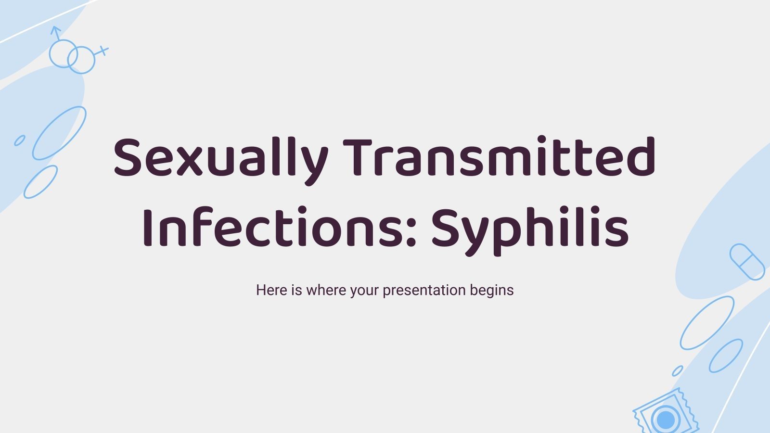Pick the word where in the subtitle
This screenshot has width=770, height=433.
(x=327, y=290)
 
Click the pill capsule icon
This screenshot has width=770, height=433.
(x=747, y=262)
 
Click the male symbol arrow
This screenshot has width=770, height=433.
(x=56, y=32)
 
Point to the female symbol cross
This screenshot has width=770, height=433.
(x=103, y=51)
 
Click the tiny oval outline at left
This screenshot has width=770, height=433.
(x=20, y=140)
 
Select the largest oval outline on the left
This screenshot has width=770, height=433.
(x=59, y=133)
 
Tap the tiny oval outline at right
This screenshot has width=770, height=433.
(x=677, y=371)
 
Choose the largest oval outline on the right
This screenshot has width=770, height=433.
(x=706, y=323)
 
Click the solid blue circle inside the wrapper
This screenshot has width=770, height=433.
(x=666, y=419)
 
